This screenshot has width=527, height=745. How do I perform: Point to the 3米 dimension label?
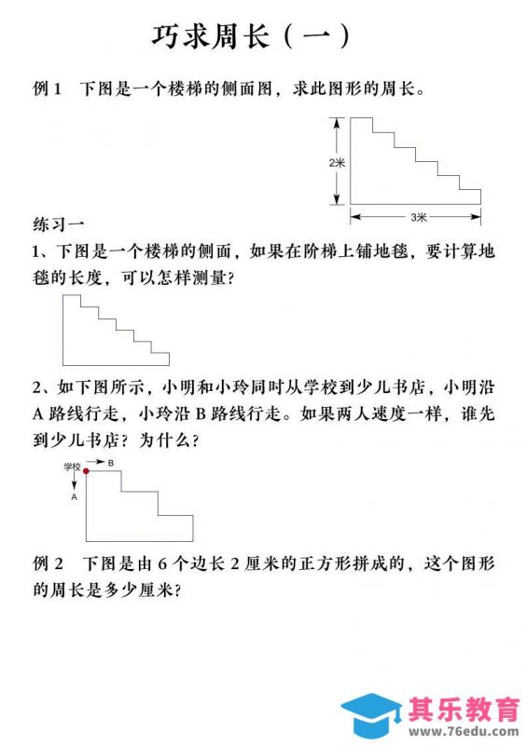click(x=416, y=217)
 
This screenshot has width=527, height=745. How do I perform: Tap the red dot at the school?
click(x=87, y=471)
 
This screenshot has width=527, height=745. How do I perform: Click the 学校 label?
click(x=73, y=465)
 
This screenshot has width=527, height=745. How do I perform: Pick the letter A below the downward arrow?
click(x=74, y=497)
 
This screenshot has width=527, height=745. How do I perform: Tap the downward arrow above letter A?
click(x=74, y=481)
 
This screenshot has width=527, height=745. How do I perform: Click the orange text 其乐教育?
click(x=464, y=710)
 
